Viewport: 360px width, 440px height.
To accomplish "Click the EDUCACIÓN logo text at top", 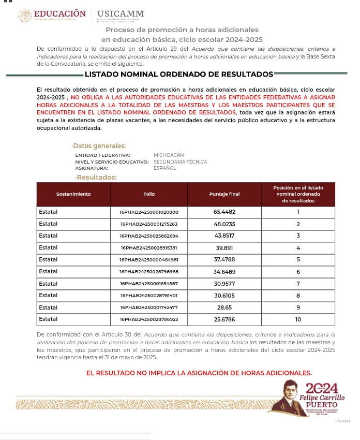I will point(59,13).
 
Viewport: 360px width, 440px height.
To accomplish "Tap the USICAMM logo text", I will point(121,13).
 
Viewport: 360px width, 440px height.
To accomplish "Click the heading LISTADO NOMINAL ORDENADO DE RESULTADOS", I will point(179,74).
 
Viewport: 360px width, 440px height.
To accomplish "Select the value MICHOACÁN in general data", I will point(169,155).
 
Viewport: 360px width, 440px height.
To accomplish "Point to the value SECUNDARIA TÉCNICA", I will point(180,162).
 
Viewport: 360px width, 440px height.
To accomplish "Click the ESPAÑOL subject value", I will point(165,168).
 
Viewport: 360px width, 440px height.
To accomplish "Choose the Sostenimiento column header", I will point(73,194).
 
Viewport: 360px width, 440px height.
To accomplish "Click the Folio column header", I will point(149,194).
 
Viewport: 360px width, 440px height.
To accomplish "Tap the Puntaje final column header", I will point(224,194).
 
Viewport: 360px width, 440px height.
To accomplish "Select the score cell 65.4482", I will point(224,212).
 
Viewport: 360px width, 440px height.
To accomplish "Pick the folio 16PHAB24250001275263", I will point(149,224).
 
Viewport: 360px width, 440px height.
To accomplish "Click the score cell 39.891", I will point(224,248).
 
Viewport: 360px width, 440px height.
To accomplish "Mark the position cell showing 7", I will point(298,284).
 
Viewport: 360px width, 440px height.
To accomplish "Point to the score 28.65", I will point(224,307).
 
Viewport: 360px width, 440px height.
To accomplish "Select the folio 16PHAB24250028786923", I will point(149,319).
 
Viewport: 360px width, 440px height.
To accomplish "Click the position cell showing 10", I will point(298,319).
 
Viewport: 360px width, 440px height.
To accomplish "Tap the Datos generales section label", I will point(99,146).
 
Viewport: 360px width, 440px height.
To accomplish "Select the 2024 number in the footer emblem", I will point(322,389).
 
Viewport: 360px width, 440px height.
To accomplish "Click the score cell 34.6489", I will point(224,272).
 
